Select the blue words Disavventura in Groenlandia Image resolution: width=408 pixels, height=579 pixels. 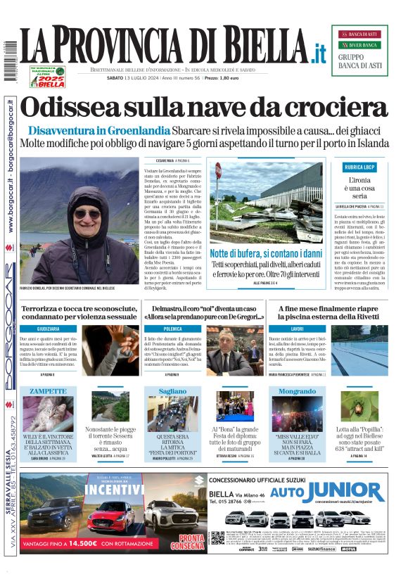click(x=99, y=130)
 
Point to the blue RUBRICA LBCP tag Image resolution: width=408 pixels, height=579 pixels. click(x=364, y=167)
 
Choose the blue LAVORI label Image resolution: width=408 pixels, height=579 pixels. click(x=296, y=329)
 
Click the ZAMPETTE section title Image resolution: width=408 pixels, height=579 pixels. click(x=49, y=390)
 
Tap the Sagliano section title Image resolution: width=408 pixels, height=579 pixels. click(x=172, y=390)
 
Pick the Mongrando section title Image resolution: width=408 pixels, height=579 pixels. click(x=297, y=390)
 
